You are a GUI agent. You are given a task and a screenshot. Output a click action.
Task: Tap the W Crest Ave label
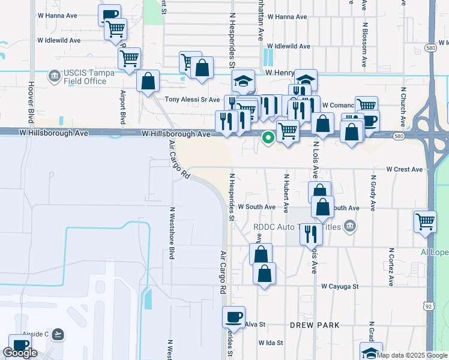pyautogui.click(x=405, y=170)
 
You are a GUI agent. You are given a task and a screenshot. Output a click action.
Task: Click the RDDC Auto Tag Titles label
pyautogui.click(x=297, y=226)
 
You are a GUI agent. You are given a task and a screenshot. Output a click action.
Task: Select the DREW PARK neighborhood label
pyautogui.click(x=315, y=325)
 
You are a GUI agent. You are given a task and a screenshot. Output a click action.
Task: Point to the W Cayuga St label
pyautogui.click(x=340, y=287)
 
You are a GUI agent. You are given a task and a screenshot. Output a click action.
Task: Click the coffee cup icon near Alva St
pyautogui.click(x=234, y=316)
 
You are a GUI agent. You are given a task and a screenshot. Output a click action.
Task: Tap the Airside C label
pyautogui.click(x=30, y=334)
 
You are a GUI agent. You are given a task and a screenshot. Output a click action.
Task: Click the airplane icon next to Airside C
pyautogui.click(x=58, y=334)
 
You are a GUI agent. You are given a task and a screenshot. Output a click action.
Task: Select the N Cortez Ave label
pyautogui.click(x=391, y=266)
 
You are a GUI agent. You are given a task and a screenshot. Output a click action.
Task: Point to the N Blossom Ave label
pyautogui.click(x=364, y=46)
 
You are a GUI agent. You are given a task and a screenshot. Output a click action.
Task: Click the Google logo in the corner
pyautogui.click(x=20, y=353)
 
